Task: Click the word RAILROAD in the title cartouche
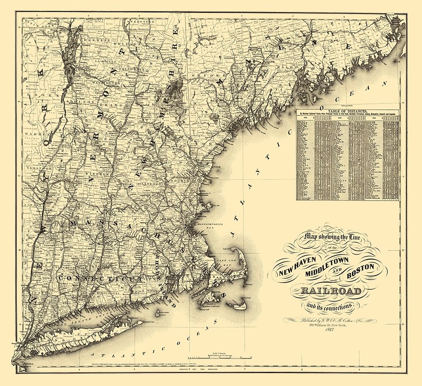pyautogui.click(x=331, y=291)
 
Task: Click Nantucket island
pyautogui.click(x=237, y=305)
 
